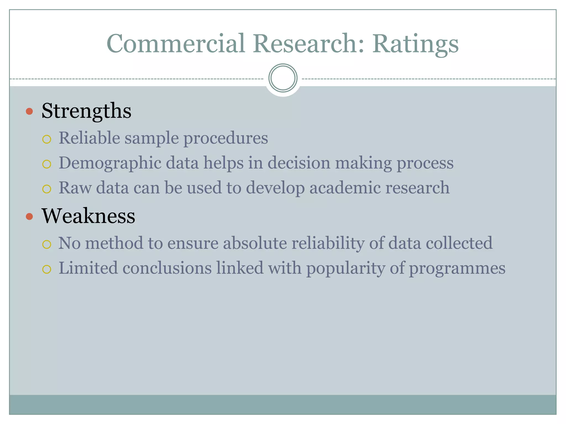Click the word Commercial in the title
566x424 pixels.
point(176,44)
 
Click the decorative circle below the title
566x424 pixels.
point(283,78)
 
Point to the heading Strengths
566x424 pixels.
point(86,111)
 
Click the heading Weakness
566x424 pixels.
point(88,216)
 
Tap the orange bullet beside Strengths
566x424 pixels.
point(29,112)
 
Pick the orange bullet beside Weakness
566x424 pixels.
point(29,216)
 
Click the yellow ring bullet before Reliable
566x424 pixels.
point(47,139)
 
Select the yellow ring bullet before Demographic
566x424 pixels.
point(47,164)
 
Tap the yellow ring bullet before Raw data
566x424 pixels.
point(47,189)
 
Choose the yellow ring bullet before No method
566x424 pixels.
point(47,244)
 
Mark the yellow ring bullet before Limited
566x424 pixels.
point(47,269)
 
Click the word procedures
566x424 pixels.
point(226,138)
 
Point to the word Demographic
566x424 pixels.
point(110,163)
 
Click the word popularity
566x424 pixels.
point(345,268)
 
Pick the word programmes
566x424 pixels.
point(457,268)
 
